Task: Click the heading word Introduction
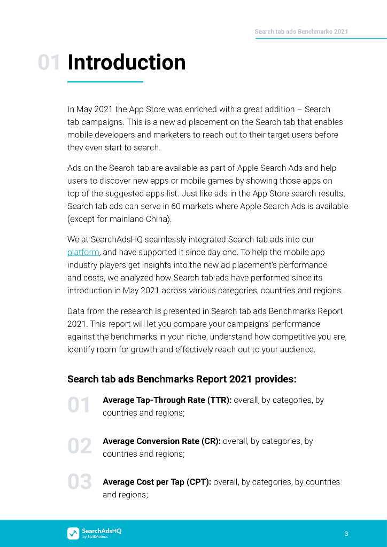pos(127,62)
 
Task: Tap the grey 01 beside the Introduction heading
pos(49,62)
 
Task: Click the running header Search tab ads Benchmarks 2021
pos(301,32)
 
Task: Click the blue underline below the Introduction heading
pos(105,82)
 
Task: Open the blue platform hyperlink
pos(83,252)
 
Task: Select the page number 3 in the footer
pos(346,534)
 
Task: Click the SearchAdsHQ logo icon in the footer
pos(73,533)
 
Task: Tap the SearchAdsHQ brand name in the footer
pos(102,531)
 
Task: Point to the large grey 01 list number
pos(79,405)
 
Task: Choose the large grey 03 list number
pos(80,482)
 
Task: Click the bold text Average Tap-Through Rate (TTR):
pos(167,400)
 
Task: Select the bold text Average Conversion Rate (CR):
pos(161,441)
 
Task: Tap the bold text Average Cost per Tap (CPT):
pos(157,482)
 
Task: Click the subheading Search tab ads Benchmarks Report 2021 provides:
pos(182,379)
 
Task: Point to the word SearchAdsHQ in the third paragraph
pos(117,239)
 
